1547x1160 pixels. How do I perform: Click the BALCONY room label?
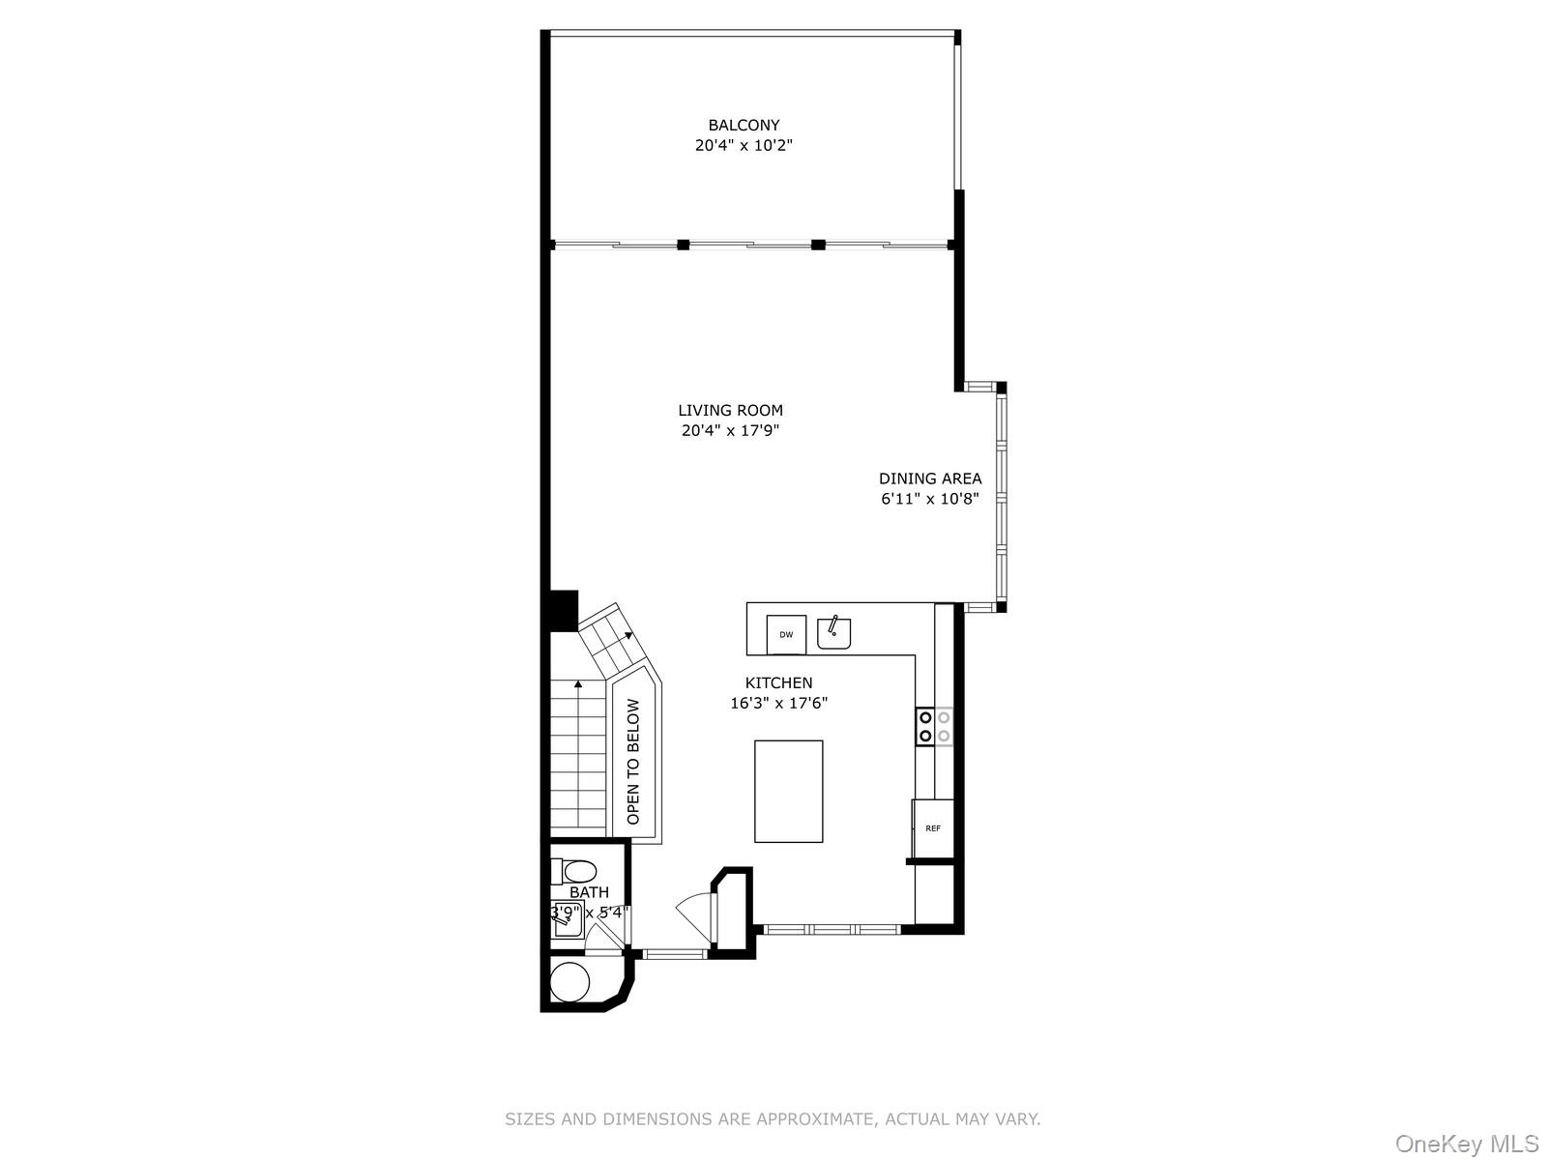pyautogui.click(x=744, y=126)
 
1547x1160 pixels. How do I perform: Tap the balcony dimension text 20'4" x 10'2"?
pyautogui.click(x=744, y=146)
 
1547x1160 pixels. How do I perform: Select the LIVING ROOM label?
pyautogui.click(x=730, y=410)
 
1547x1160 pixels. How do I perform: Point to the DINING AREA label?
pyautogui.click(x=929, y=478)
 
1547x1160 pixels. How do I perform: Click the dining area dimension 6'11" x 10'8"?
pyautogui.click(x=929, y=499)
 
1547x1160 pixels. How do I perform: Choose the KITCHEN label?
pyautogui.click(x=778, y=682)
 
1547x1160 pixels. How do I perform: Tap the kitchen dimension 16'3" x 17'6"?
pyautogui.click(x=778, y=703)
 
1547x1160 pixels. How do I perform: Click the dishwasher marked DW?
pyautogui.click(x=786, y=634)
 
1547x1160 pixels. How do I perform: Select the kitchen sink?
pyautogui.click(x=833, y=633)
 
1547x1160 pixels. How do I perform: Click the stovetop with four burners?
pyautogui.click(x=934, y=726)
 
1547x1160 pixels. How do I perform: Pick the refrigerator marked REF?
pyautogui.click(x=932, y=828)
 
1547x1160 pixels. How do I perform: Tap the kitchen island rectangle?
pyautogui.click(x=788, y=791)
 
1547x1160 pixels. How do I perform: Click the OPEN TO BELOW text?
pyautogui.click(x=633, y=762)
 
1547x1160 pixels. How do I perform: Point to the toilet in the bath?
pyautogui.click(x=573, y=871)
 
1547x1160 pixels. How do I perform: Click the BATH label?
pyautogui.click(x=589, y=892)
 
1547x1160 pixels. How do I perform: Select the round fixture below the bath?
pyautogui.click(x=569, y=982)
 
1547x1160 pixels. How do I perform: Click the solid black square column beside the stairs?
pyautogui.click(x=563, y=611)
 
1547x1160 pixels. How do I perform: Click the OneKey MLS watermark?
pyautogui.click(x=1468, y=1143)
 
